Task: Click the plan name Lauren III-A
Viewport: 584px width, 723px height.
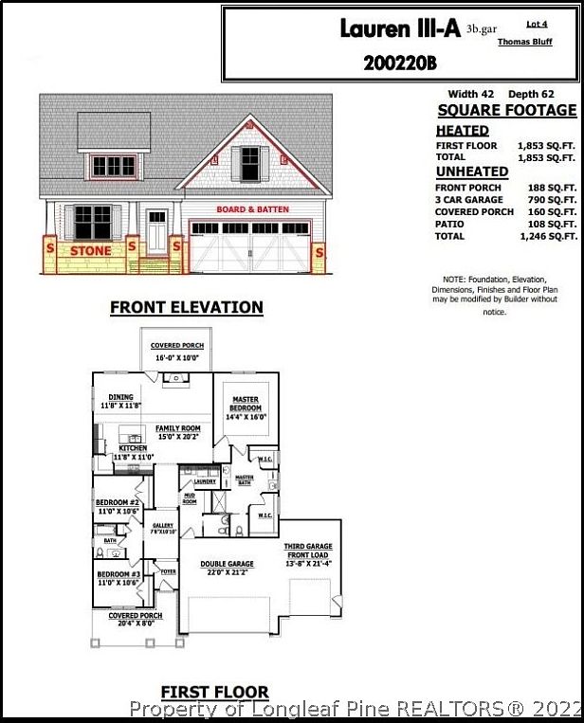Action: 399,29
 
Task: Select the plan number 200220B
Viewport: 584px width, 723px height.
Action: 401,63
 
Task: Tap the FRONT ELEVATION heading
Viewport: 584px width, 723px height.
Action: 187,307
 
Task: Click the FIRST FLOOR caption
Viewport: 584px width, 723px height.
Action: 214,692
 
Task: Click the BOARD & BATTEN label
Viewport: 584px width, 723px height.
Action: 253,208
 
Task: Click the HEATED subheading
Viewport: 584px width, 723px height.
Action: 463,131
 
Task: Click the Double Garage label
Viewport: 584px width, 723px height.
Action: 227,567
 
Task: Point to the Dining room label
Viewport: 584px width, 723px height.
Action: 120,401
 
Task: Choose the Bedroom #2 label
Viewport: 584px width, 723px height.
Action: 118,506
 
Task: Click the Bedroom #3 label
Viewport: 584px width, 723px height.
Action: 118,578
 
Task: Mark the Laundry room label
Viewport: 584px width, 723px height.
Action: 205,481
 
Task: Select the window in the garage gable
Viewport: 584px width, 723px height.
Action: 249,163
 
